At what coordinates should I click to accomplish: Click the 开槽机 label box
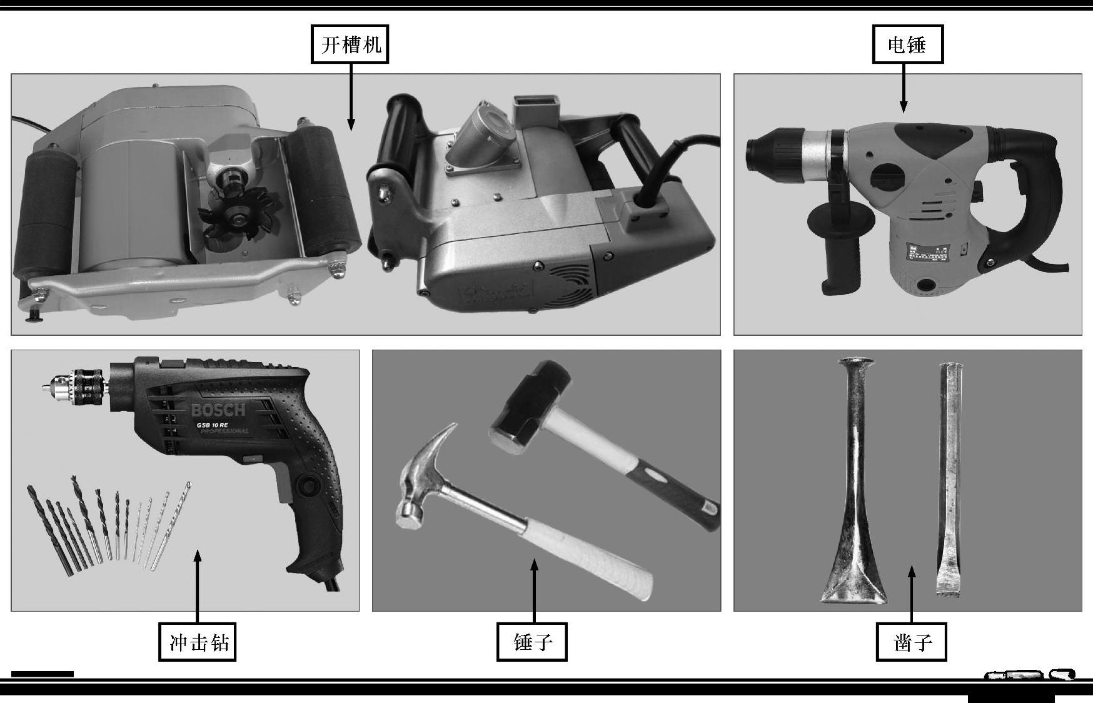(350, 44)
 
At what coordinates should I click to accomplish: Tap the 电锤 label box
(907, 44)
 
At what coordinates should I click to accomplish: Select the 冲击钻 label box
(198, 642)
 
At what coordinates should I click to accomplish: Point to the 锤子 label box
(531, 642)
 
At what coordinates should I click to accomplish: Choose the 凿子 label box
(911, 642)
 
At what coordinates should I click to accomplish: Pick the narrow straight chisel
(949, 478)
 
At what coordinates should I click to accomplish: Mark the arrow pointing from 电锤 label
(904, 88)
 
